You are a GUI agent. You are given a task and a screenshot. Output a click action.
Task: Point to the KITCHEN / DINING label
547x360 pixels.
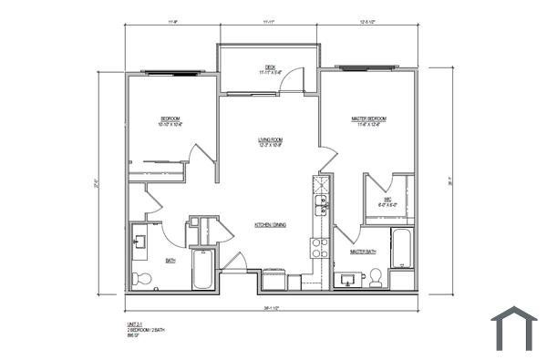point(272,224)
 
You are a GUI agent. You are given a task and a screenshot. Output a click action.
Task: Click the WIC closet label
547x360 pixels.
point(387,201)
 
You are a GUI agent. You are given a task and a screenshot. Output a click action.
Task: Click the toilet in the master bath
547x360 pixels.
point(376,277)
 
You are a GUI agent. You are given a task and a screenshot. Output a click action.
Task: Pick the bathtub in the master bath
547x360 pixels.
point(402,248)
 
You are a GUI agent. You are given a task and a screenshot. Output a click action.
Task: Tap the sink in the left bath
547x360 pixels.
point(140,242)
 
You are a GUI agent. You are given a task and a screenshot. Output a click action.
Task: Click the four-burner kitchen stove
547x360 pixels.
point(319,247)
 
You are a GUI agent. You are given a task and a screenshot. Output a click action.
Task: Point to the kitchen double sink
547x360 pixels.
point(321,205)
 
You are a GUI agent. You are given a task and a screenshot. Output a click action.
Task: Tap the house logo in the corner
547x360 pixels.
point(514,328)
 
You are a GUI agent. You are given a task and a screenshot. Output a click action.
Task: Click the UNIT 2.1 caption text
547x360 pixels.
point(136,324)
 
